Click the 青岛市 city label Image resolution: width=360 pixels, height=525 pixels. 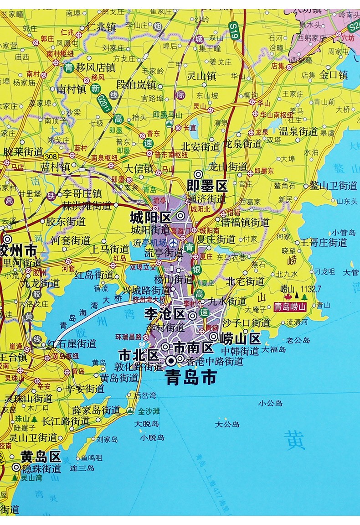pos(191,377)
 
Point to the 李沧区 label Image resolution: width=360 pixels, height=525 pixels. pos(165,314)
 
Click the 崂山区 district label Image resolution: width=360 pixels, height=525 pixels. pos(240,338)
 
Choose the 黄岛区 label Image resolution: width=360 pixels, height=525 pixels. pos(41,456)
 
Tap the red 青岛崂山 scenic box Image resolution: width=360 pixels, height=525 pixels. pos(289,307)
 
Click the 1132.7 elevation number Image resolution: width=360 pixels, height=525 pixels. pos(314,289)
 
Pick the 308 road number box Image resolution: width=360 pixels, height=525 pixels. pos(51,156)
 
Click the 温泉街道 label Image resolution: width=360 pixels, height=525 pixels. pos(298,132)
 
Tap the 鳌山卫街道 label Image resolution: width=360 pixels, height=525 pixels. pos(333,185)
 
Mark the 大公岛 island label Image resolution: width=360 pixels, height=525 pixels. pos(227,424)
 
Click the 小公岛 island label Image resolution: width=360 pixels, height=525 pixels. pos(270,403)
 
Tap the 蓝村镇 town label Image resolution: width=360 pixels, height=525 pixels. pos(55,167)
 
